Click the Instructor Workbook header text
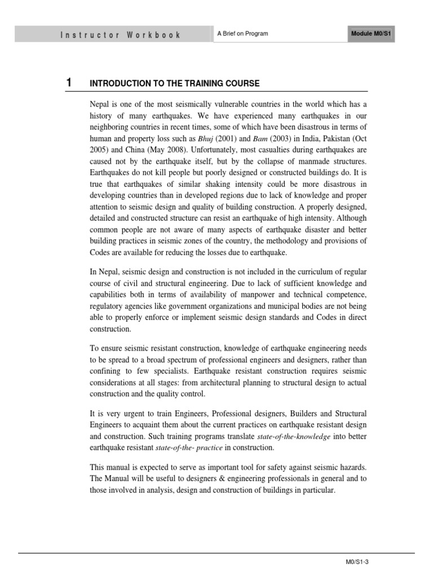point(120,34)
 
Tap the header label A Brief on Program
point(242,34)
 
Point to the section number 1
point(69,83)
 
